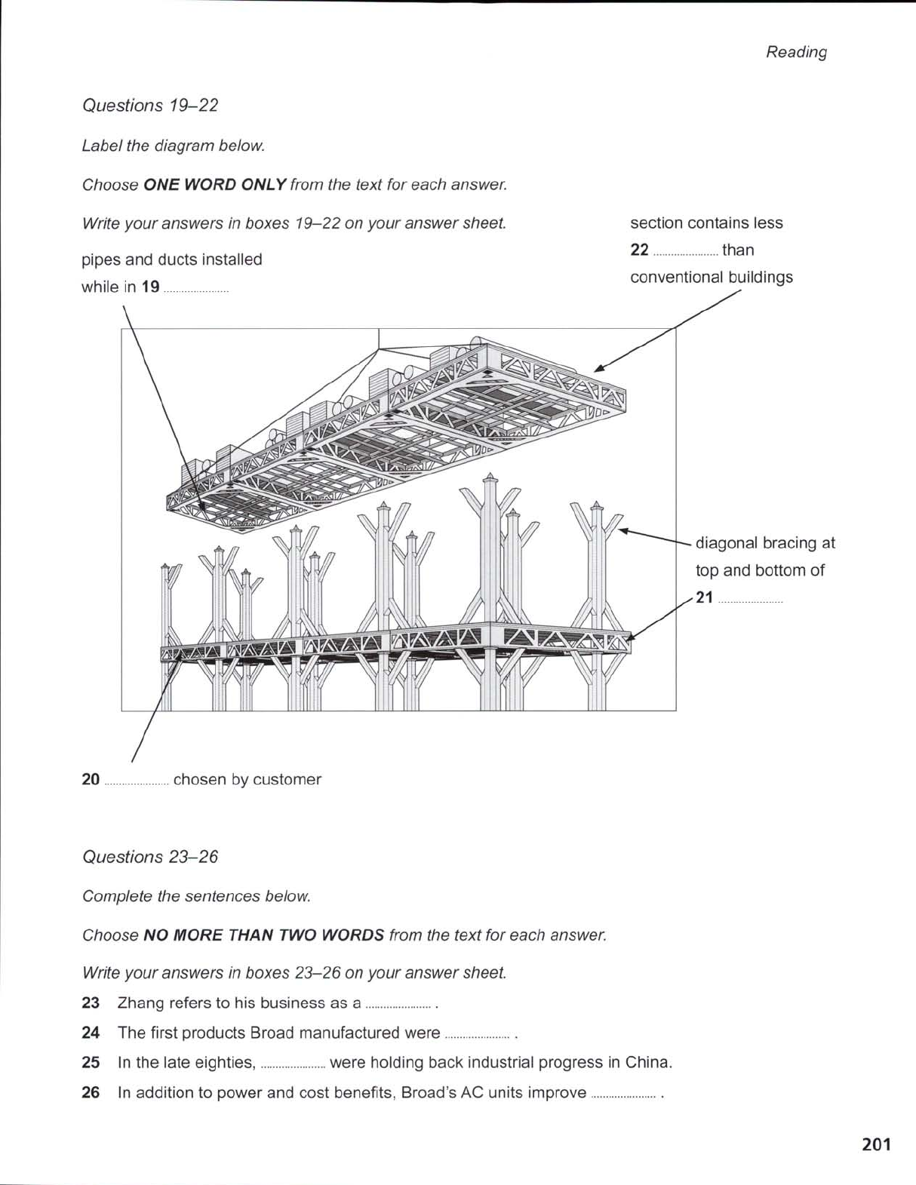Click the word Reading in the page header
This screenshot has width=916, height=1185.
point(796,52)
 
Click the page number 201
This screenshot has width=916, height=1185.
point(875,1144)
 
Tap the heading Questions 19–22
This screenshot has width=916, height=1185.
point(149,106)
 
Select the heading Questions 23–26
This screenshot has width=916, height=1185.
point(149,857)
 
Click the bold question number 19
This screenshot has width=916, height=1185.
point(150,287)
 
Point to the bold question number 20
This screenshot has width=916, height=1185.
point(91,780)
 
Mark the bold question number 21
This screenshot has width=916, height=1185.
point(704,598)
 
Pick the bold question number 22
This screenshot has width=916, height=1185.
point(639,250)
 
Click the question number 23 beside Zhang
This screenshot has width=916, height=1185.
point(91,1003)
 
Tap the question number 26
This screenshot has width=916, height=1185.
point(91,1093)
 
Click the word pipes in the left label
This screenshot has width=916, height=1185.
point(100,260)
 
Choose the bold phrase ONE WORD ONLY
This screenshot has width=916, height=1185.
point(214,185)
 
